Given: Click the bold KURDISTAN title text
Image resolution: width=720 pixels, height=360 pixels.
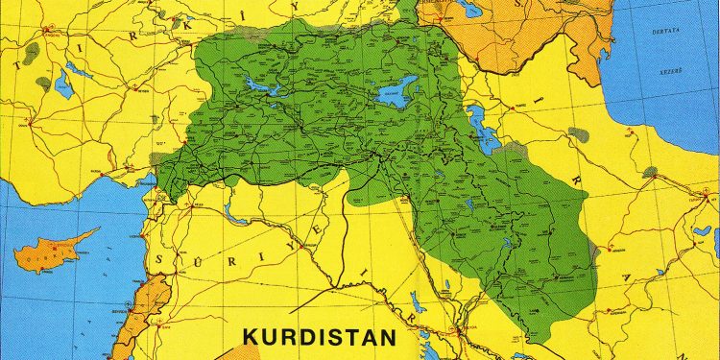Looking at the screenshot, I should coord(319,338).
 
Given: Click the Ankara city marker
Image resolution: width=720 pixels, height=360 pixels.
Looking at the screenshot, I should coord(29,122).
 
